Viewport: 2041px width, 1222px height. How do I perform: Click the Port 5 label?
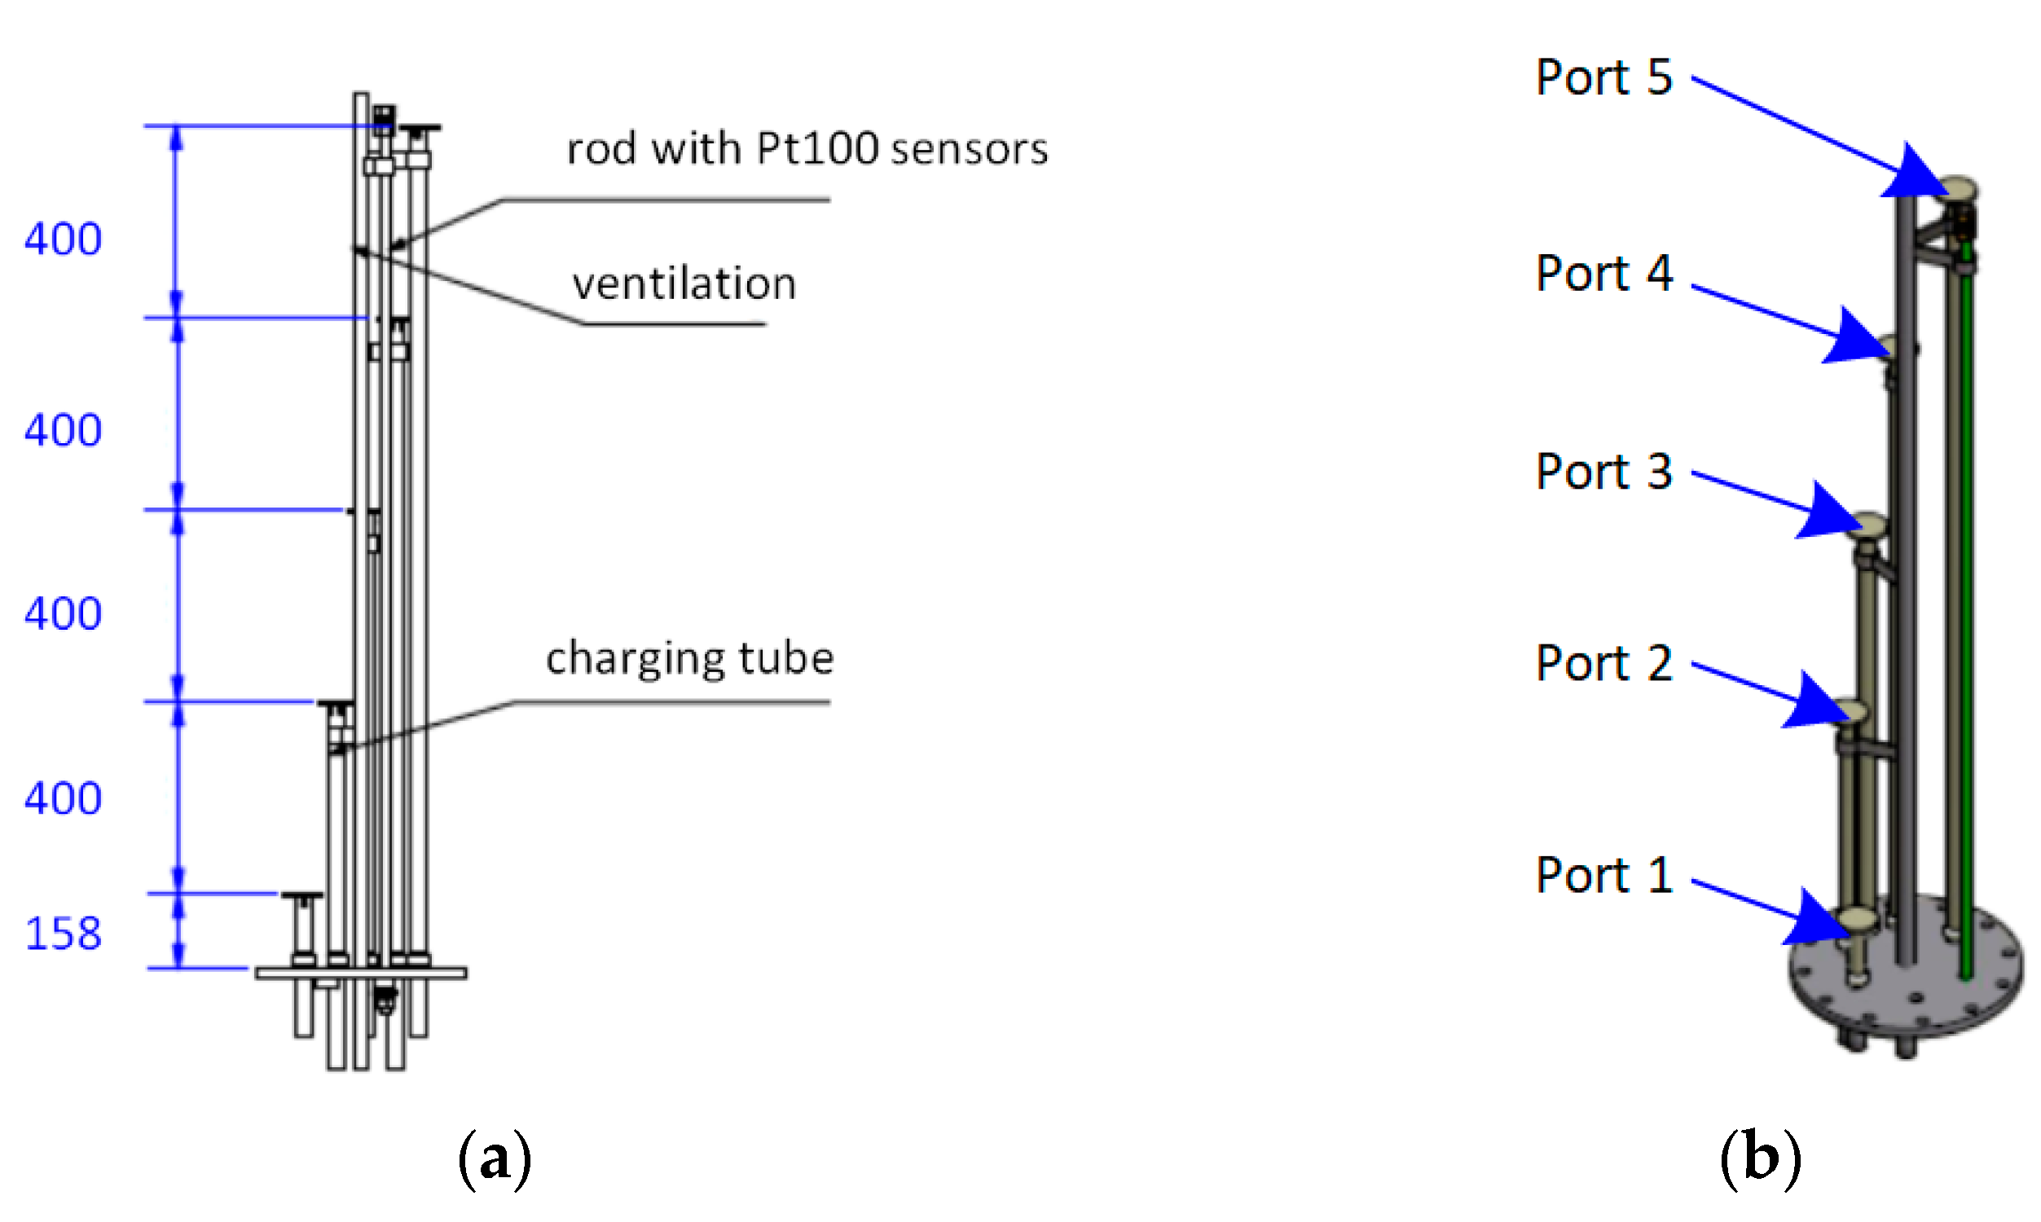pos(1603,77)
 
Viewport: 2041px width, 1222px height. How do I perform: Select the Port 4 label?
pos(1603,274)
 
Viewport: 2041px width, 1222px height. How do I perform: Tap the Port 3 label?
pos(1603,472)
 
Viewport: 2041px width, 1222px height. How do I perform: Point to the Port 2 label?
pos(1603,663)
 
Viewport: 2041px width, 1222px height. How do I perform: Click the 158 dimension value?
pos(64,934)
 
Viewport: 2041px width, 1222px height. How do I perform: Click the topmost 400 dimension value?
pos(63,240)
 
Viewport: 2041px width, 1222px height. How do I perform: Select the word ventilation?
pos(684,284)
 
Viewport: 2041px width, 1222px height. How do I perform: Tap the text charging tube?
pos(689,659)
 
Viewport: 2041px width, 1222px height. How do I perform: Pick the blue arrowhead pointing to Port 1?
pos(1819,921)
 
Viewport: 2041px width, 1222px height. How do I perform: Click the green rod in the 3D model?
pos(1965,618)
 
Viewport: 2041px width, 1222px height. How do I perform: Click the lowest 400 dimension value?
pos(63,798)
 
